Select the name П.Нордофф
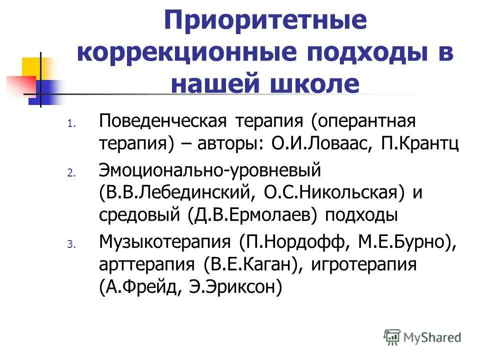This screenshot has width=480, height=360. point(295,242)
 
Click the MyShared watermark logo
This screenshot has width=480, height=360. point(422,337)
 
